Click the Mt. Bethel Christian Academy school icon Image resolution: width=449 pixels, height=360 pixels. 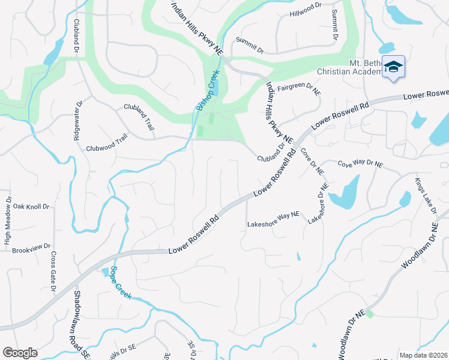coord(393,66)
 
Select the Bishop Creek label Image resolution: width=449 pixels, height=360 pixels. coord(208,91)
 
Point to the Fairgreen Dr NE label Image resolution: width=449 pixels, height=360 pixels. coord(298,89)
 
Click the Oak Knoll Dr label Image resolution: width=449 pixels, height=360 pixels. coord(31,206)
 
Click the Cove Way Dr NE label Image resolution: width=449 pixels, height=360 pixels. coord(360,163)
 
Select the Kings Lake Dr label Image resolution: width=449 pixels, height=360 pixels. coord(426,195)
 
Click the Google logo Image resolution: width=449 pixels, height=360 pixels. coord(20,353)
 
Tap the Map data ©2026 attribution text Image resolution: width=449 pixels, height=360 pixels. coord(423,355)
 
